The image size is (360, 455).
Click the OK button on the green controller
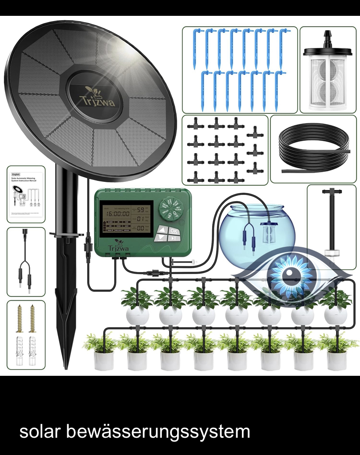click(174, 231)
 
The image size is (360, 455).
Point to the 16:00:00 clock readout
click(118, 214)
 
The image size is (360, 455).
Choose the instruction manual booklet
click(26, 194)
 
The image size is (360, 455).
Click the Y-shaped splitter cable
click(25, 262)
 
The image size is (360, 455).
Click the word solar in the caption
click(40, 431)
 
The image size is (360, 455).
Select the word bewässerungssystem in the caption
click(158, 431)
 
